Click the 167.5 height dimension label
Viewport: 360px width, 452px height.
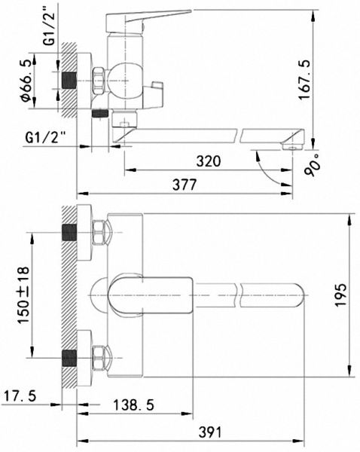(304, 80)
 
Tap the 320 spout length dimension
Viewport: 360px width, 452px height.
(209, 160)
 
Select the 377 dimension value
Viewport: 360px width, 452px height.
(185, 185)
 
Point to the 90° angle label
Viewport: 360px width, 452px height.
(312, 164)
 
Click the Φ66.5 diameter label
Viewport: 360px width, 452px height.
(25, 81)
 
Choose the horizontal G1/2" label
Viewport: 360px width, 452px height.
(45, 137)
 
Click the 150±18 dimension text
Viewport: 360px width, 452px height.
(23, 295)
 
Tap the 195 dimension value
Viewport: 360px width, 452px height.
(340, 295)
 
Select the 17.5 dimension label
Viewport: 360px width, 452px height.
(20, 395)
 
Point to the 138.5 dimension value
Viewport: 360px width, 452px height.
(133, 405)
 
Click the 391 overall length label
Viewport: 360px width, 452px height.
(210, 432)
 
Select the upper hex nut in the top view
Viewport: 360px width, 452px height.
(99, 232)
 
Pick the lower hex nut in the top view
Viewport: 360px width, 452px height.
(99, 358)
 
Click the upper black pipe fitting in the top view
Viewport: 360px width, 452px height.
(69, 232)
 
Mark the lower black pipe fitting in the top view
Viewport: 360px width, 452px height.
(69, 358)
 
